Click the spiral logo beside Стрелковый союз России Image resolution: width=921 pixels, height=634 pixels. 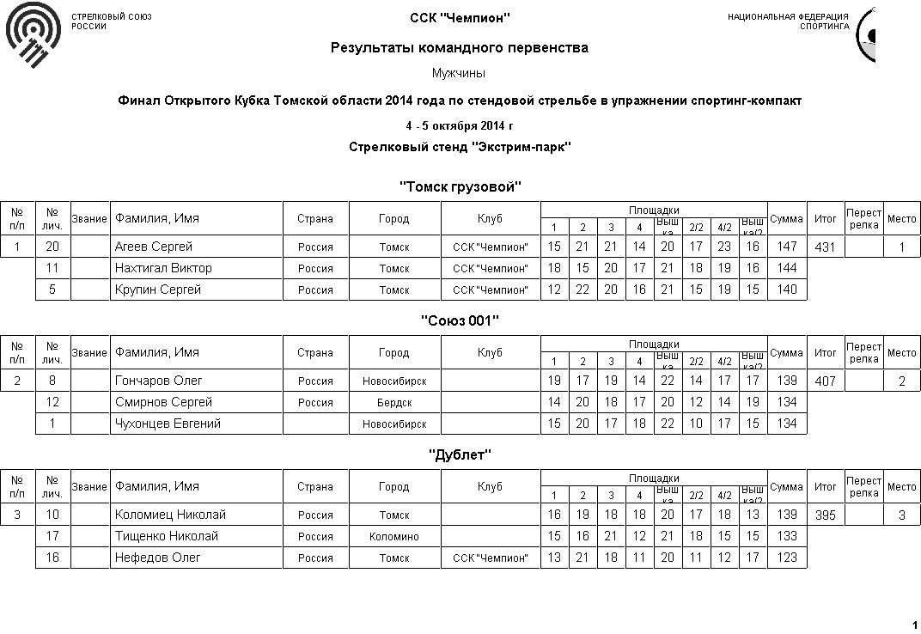pos(33,34)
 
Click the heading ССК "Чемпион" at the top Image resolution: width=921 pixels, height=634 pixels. pos(460,17)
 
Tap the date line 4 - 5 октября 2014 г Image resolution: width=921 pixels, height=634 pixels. pos(460,126)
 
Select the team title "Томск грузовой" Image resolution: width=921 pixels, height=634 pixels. pos(460,186)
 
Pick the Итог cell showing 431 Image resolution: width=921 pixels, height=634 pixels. pos(825,247)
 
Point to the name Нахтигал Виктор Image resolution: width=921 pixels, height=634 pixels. pos(163,268)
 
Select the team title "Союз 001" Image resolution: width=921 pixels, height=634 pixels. pos(460,320)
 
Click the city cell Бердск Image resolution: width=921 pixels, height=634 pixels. pos(394,402)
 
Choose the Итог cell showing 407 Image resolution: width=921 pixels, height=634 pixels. pos(825,381)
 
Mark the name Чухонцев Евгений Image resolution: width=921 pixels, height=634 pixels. pos(168,424)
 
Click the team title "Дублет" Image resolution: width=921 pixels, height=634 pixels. pos(460,454)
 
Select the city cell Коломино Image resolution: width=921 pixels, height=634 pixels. pos(394,536)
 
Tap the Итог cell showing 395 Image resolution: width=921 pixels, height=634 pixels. pos(825,515)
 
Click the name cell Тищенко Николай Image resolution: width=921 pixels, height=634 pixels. pos(167,536)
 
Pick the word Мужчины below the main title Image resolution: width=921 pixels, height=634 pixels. pos(460,73)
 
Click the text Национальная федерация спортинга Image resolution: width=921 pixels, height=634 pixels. pos(788,21)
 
